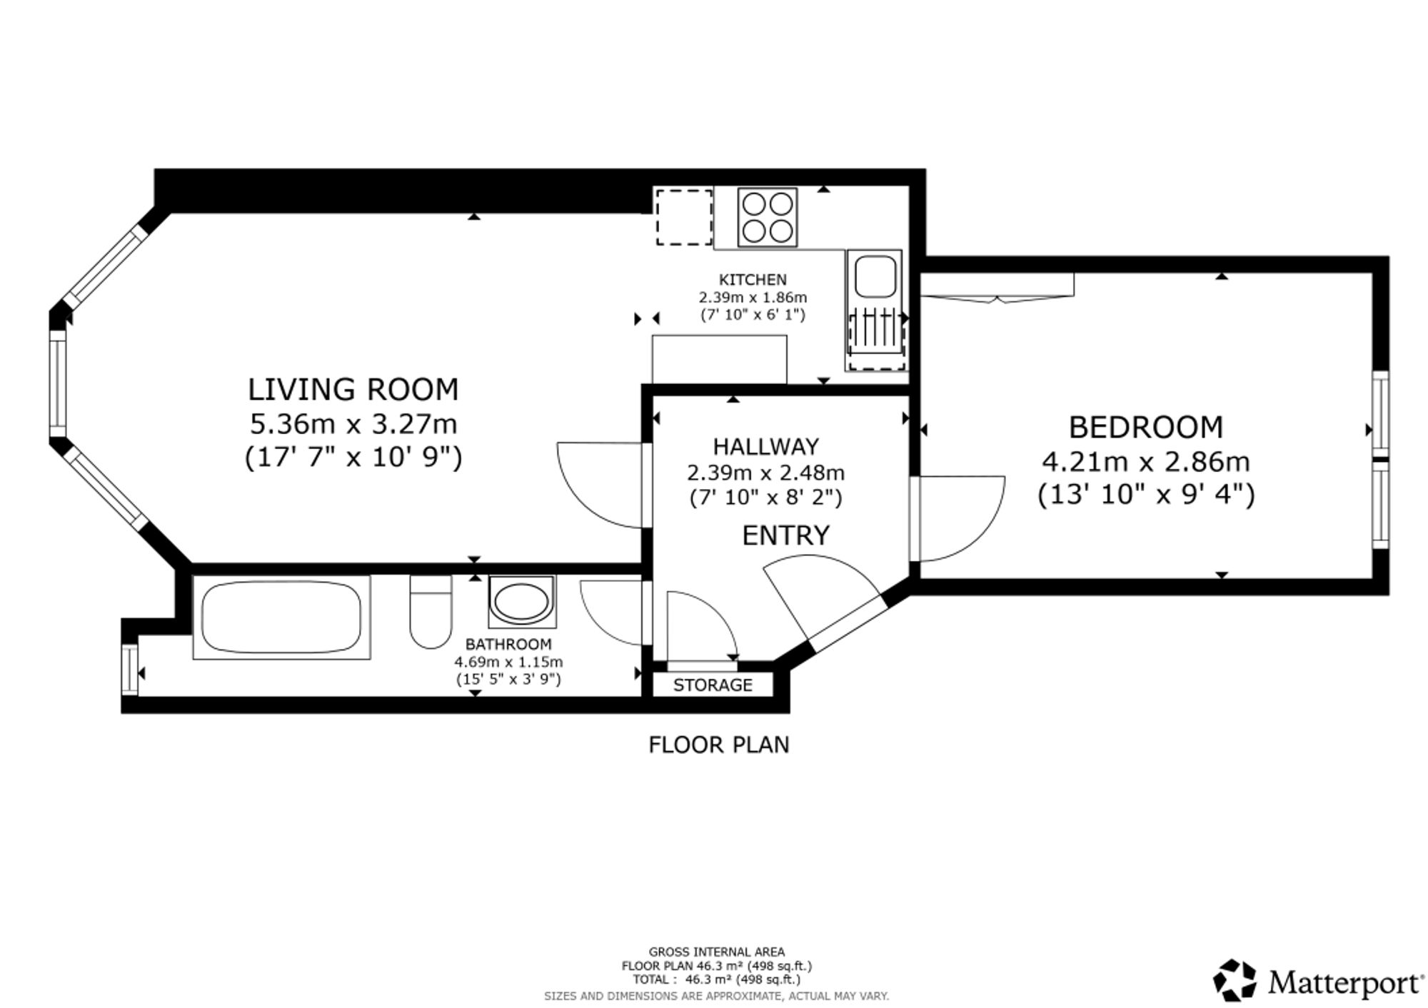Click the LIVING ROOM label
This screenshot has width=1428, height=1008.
[x=353, y=390]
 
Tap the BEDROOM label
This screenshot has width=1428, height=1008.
[x=1146, y=427]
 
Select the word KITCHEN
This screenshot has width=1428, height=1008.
[x=753, y=279]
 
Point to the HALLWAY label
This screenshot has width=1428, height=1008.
[x=766, y=446]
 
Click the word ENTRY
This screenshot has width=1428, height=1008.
[x=785, y=535]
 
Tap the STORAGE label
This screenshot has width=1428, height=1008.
[x=713, y=685]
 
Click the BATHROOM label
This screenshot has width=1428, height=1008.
[x=508, y=644]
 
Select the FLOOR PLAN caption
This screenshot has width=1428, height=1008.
[x=719, y=745]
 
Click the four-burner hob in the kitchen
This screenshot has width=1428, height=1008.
[x=768, y=217]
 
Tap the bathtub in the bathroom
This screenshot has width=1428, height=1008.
[x=281, y=618]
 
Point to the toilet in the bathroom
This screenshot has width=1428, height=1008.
[x=431, y=612]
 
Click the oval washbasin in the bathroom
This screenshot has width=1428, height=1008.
[x=522, y=602]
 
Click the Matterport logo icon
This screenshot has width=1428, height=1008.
[x=1235, y=980]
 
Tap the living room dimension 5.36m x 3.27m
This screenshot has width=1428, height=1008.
[x=353, y=424]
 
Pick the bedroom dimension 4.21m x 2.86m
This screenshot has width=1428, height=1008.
[x=1146, y=462]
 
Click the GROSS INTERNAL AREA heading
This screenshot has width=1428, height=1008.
[x=716, y=952]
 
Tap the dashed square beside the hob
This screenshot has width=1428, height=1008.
[x=684, y=217]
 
